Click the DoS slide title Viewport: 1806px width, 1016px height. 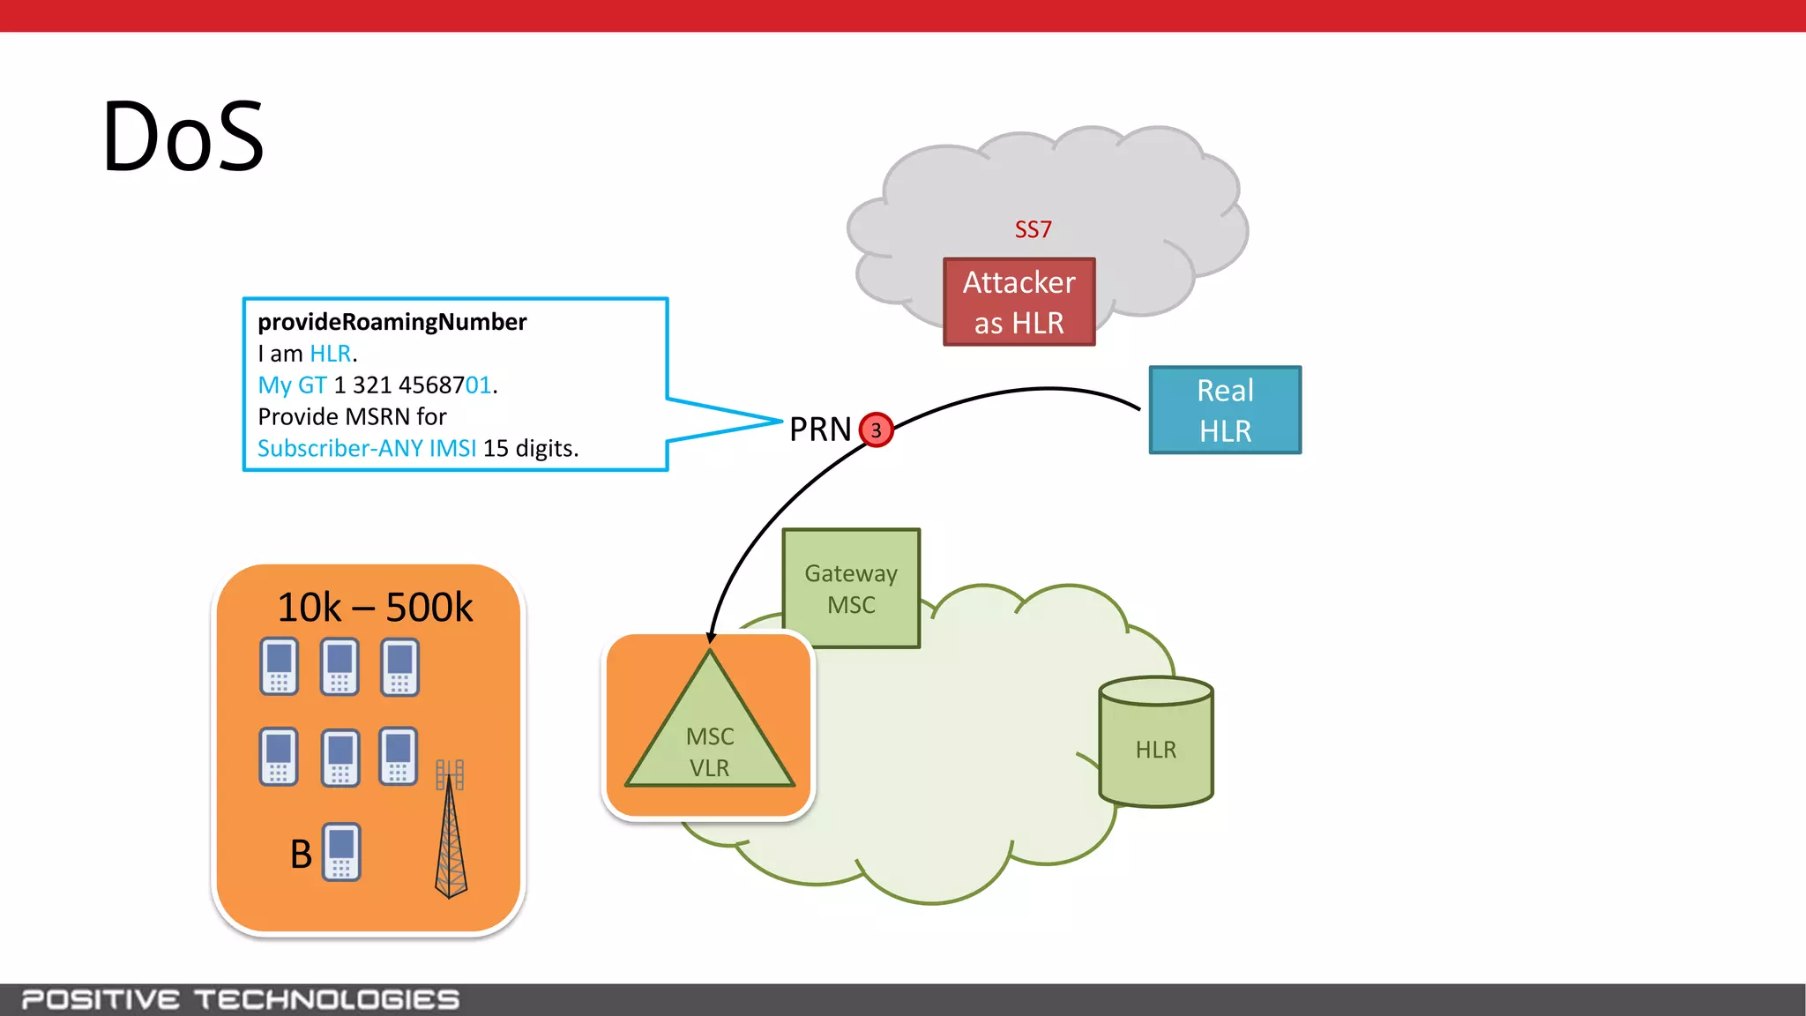pyautogui.click(x=183, y=137)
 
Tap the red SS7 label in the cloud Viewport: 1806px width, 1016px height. pyautogui.click(x=1033, y=229)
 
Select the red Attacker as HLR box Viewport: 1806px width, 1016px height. pyautogui.click(x=1019, y=302)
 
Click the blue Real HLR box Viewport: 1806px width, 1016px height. pyautogui.click(x=1224, y=410)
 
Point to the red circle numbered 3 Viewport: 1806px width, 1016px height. pyautogui.click(x=876, y=430)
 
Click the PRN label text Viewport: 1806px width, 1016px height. pyautogui.click(x=819, y=430)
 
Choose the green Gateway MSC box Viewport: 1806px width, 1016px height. pyautogui.click(x=851, y=588)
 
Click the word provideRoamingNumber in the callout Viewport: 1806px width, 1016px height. pyautogui.click(x=392, y=322)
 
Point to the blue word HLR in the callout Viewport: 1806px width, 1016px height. pyautogui.click(x=330, y=354)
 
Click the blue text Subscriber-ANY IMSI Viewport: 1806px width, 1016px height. pyautogui.click(x=366, y=448)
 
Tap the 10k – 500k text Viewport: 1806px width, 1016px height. pyautogui.click(x=375, y=607)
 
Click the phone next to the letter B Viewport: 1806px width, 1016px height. pyautogui.click(x=341, y=852)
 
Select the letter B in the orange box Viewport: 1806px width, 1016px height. pyautogui.click(x=301, y=854)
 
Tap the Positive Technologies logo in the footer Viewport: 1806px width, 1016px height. pyautogui.click(x=240, y=999)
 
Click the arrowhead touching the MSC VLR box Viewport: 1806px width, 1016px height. pyautogui.click(x=711, y=638)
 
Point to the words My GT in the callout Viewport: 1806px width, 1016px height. pyautogui.click(x=292, y=385)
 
